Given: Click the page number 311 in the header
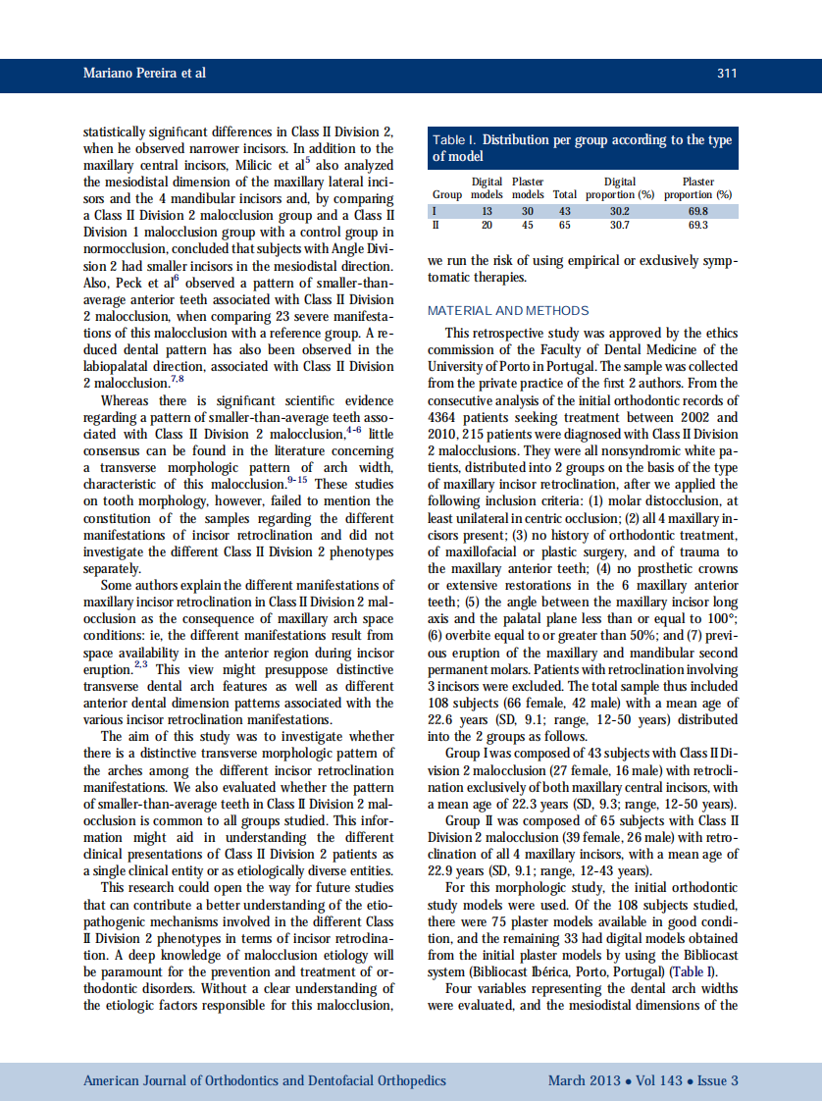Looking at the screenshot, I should [x=727, y=75].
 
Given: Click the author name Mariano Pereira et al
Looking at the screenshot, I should [x=144, y=75].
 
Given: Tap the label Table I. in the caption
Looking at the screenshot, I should [x=455, y=140].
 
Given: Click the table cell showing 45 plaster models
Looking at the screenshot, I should [x=527, y=225].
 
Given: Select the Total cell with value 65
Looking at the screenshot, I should [x=564, y=225].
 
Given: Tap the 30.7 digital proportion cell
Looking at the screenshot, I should [x=619, y=225].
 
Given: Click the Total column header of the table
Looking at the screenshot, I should [x=564, y=194].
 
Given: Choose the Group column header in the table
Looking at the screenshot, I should [x=446, y=194].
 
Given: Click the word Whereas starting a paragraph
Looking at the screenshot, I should [x=125, y=400].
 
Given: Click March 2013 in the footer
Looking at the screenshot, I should [x=584, y=1080].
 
